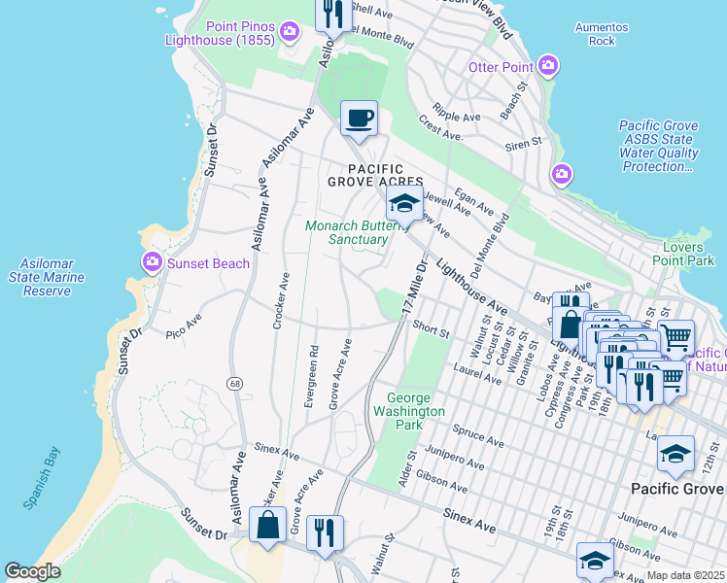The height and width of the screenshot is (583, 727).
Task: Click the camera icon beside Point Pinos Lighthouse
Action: [x=289, y=35]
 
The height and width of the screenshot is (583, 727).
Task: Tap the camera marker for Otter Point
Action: [x=548, y=66]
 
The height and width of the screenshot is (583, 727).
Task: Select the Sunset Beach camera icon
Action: [x=152, y=262]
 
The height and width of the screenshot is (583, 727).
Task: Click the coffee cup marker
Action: [x=359, y=119]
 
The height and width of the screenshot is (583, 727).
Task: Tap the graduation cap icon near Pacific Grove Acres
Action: [x=404, y=204]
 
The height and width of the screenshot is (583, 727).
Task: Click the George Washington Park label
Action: [x=415, y=404]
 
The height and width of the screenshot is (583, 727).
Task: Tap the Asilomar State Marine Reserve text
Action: [x=52, y=278]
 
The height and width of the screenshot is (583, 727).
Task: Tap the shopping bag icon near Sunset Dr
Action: [x=266, y=526]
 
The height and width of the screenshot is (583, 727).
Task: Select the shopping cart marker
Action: [x=676, y=338]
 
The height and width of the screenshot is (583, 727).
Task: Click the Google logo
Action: [x=32, y=571]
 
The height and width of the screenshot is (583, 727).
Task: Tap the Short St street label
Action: [x=431, y=330]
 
